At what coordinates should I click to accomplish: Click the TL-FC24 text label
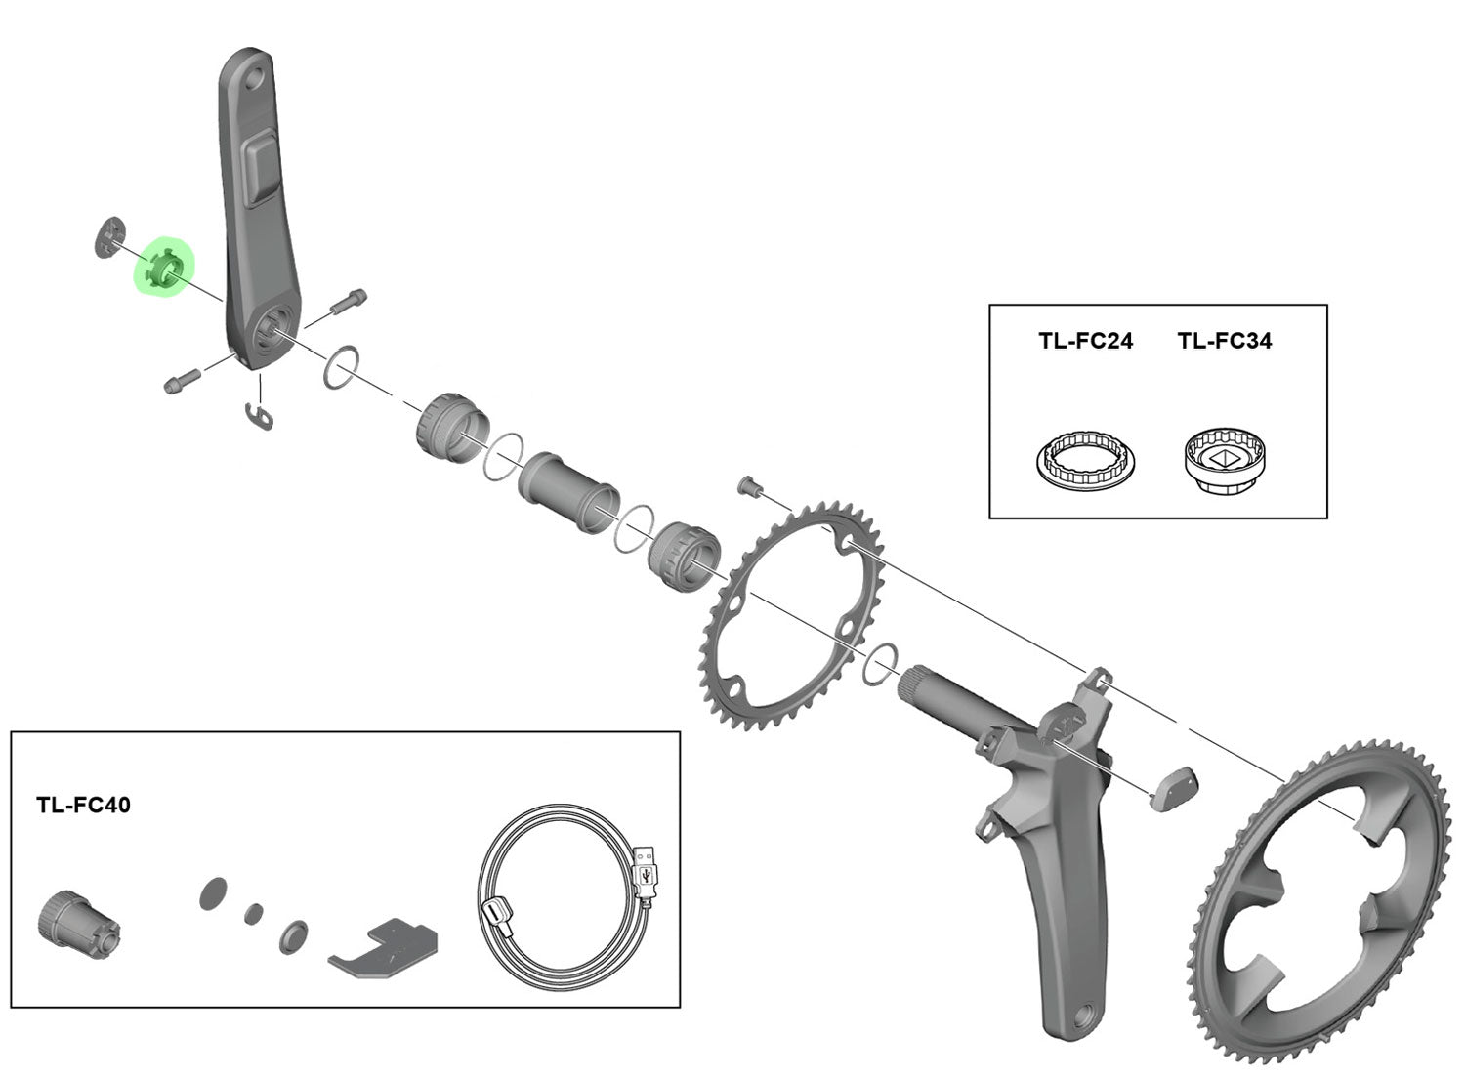tap(1084, 341)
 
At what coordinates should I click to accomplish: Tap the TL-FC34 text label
tap(1224, 341)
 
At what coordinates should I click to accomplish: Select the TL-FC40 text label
tap(83, 806)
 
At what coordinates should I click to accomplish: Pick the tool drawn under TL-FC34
tap(1224, 459)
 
